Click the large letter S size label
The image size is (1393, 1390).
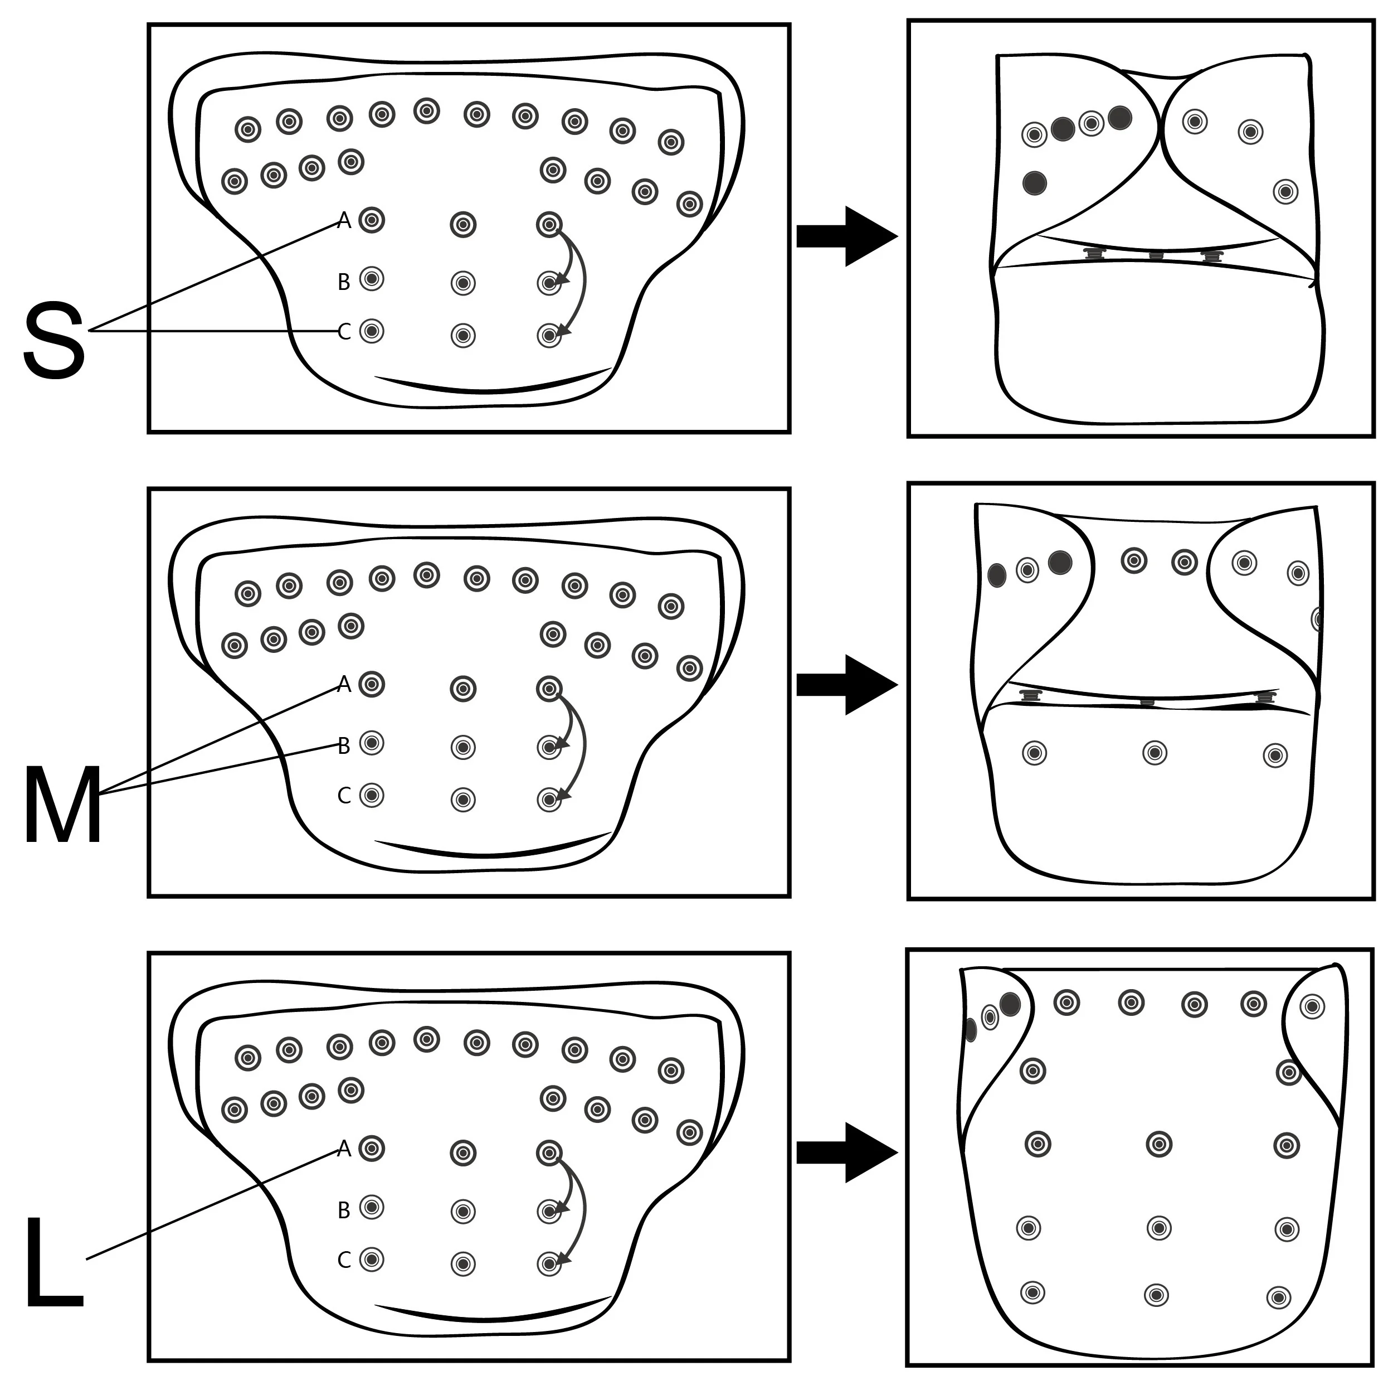coord(54,341)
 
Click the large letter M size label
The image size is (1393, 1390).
coord(63,803)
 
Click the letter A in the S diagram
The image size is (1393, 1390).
coord(344,221)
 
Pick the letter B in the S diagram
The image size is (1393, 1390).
coord(344,282)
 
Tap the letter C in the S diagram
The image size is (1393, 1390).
coord(344,332)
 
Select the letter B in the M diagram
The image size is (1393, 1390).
coord(344,746)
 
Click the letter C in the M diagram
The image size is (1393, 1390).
coord(344,796)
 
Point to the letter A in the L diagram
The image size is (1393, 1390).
coord(344,1149)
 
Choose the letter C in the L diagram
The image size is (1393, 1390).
coord(344,1260)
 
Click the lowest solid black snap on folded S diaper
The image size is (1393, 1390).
coord(1035,182)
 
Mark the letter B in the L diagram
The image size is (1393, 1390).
coord(344,1210)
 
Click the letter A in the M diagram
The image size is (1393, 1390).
coord(344,684)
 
